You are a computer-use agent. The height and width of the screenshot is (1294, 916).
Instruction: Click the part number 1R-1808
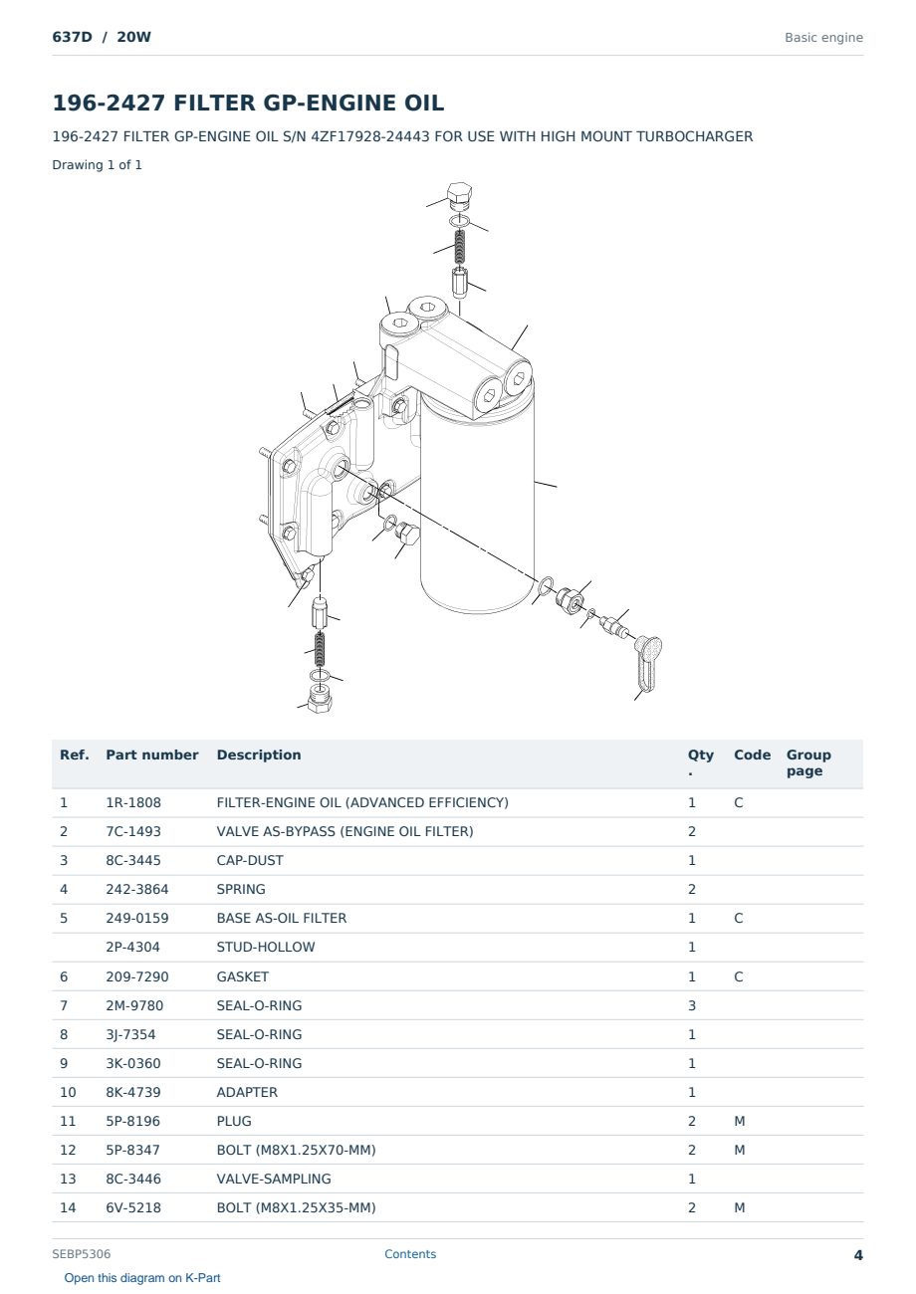coord(133,802)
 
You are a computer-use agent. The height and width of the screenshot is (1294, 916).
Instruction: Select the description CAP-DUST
coord(250,860)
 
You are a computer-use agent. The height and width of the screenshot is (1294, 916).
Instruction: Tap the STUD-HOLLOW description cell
coord(265,947)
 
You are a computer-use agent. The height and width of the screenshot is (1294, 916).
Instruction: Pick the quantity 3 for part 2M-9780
coord(692,1005)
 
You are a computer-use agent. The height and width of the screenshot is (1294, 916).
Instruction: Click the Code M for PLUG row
coord(739,1121)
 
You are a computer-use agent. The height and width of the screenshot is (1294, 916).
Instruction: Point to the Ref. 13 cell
coord(68,1179)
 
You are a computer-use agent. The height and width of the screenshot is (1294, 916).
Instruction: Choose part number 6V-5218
coord(133,1207)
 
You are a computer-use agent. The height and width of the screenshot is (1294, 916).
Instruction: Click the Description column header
coord(258,755)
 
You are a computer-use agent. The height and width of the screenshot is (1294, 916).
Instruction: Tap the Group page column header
coord(808,762)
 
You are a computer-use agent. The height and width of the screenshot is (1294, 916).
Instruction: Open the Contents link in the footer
coord(410,1254)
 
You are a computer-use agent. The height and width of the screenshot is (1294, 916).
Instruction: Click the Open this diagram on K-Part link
coord(142,1278)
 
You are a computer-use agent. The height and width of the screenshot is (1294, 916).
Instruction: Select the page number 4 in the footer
coord(858,1255)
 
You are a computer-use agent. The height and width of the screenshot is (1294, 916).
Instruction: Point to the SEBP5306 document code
coord(82,1254)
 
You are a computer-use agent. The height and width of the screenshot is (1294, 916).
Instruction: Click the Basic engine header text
coord(823,38)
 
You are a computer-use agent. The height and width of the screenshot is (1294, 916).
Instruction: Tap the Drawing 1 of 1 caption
coord(98,165)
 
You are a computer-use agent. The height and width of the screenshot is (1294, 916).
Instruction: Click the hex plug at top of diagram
coord(460,196)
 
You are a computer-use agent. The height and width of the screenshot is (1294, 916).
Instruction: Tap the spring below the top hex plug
coord(459,246)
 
